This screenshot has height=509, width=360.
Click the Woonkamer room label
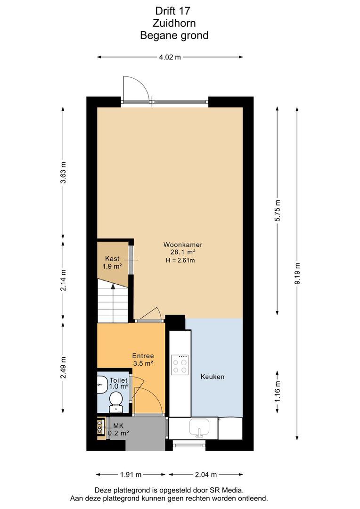coord(183,245)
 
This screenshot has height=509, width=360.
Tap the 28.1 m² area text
coord(183,252)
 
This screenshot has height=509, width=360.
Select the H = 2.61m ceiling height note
coord(180,260)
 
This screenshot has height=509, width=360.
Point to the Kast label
coord(112,259)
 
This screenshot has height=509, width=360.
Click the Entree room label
coord(143,356)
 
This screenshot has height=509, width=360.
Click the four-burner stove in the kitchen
coord(180,365)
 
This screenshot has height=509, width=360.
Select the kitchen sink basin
coord(200,427)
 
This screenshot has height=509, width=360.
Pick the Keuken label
coord(213,377)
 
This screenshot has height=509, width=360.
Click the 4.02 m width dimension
coord(170,57)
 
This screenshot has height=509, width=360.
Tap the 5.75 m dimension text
coord(277,210)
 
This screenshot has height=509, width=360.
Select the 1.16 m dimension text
coord(277,392)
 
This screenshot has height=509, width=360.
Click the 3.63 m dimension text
coord(63,172)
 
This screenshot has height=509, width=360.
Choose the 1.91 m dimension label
coord(131,475)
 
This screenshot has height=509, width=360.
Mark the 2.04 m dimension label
coord(206,475)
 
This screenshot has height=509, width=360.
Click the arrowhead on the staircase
coord(113,286)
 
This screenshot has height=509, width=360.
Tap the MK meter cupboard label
coord(118,426)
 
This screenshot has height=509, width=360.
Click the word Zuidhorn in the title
coord(174,23)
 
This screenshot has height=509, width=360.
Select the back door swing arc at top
coord(141,83)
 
